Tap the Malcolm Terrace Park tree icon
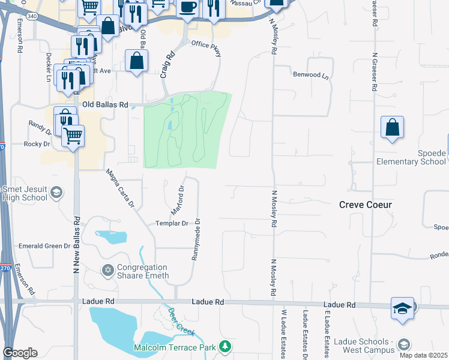tap(225, 347)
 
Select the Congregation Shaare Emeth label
tap(142, 272)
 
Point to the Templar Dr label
tap(172, 223)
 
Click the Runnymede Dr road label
tap(196, 239)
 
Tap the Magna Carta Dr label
tap(120, 188)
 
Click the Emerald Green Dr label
tap(44, 246)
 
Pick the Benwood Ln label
tap(311, 76)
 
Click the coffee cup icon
tap(188, 7)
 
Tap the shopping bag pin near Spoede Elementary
tap(392, 127)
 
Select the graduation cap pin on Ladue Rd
tap(402, 308)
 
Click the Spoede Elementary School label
tap(411, 157)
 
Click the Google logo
tap(20, 353)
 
